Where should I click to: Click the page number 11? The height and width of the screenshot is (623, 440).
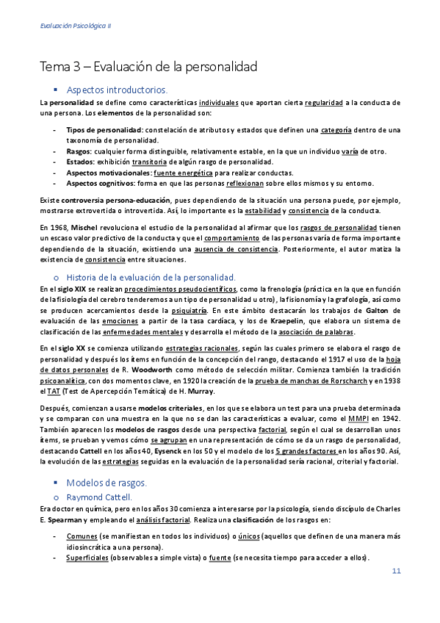[396, 571]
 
